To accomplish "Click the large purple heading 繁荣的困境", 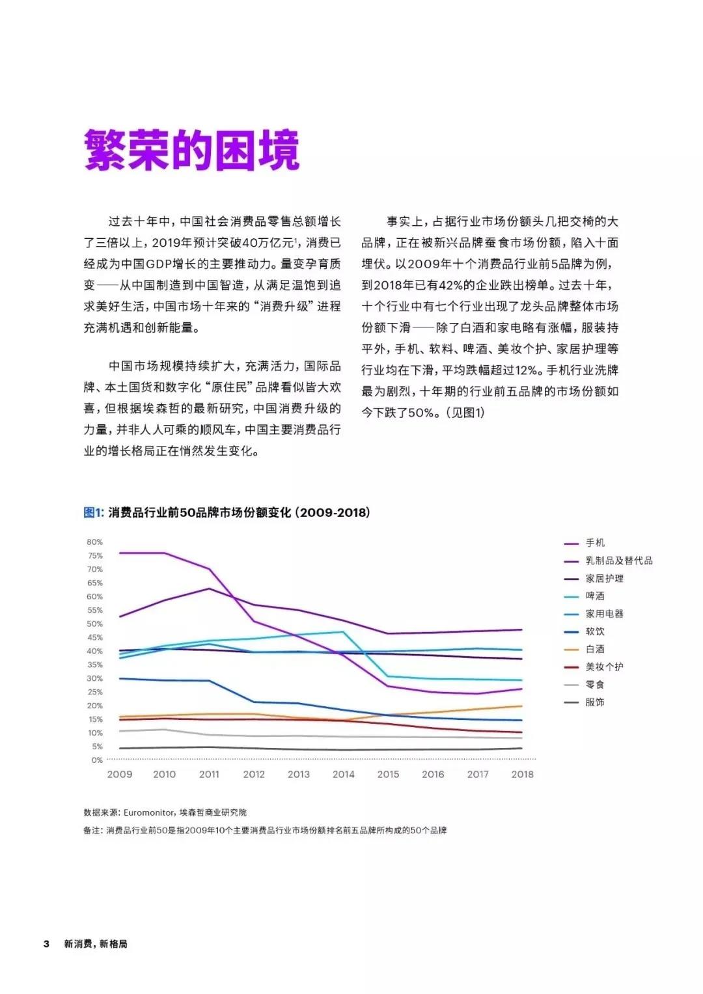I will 192,150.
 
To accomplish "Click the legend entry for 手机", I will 595,543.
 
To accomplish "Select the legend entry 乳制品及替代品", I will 618,560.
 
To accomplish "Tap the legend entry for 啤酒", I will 595,596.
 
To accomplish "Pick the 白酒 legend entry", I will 595,649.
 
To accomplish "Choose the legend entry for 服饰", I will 595,702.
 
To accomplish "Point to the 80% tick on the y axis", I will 95,542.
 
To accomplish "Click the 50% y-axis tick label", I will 95,624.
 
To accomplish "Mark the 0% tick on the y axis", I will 97,760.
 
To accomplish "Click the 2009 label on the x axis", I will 120,775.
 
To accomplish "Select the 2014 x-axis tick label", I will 344,775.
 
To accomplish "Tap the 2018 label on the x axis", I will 522,775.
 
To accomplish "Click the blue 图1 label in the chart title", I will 93,513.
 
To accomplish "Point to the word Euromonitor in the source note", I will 149,812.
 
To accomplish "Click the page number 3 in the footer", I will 46,944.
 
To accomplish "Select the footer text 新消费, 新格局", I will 96,944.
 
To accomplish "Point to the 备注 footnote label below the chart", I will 93,831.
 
